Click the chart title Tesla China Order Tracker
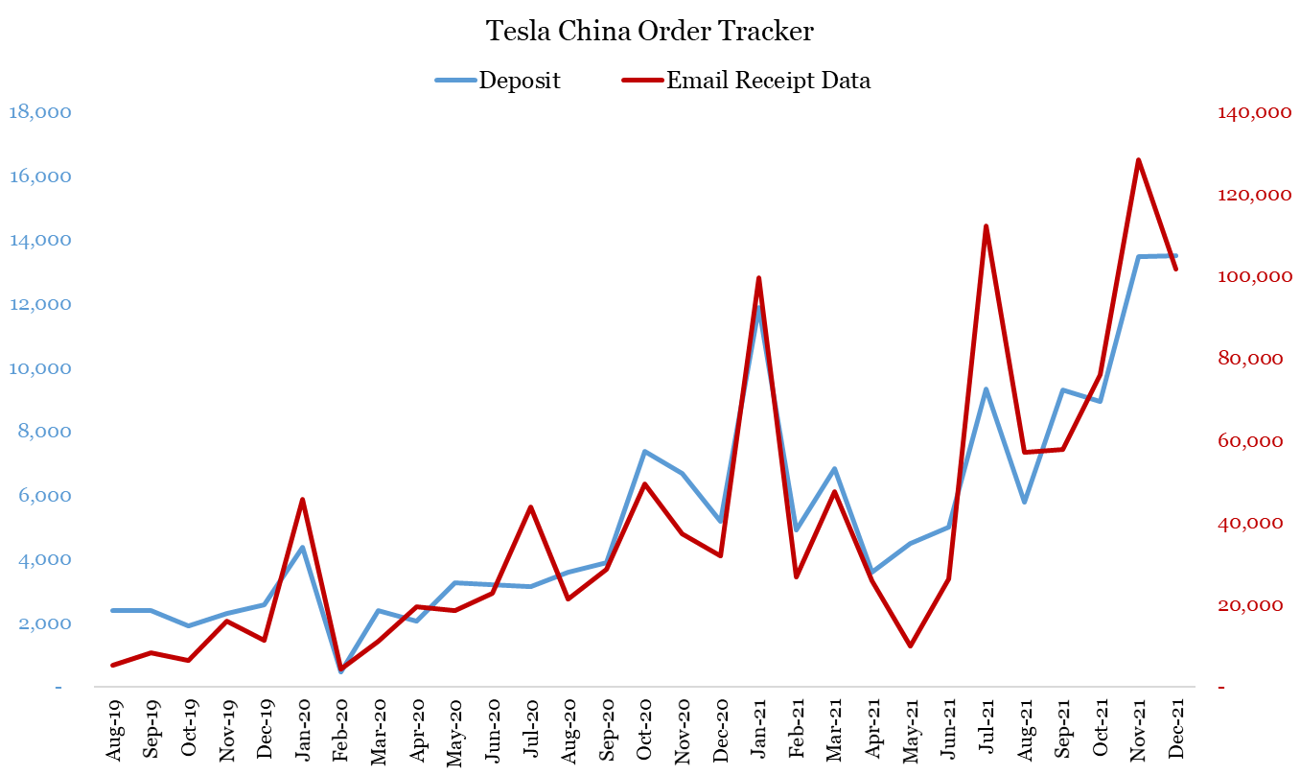click(x=650, y=32)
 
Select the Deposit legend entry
click(x=520, y=81)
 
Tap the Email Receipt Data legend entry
click(x=768, y=81)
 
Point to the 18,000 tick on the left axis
click(x=39, y=112)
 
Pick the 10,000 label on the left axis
click(x=39, y=368)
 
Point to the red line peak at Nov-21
click(x=1138, y=160)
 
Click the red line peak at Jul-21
click(x=986, y=226)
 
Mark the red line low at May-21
click(x=910, y=646)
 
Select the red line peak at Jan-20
click(x=302, y=500)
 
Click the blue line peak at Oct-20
click(x=644, y=452)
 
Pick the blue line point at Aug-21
click(x=1024, y=502)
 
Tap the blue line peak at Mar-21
click(x=834, y=469)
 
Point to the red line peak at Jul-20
click(x=530, y=507)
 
